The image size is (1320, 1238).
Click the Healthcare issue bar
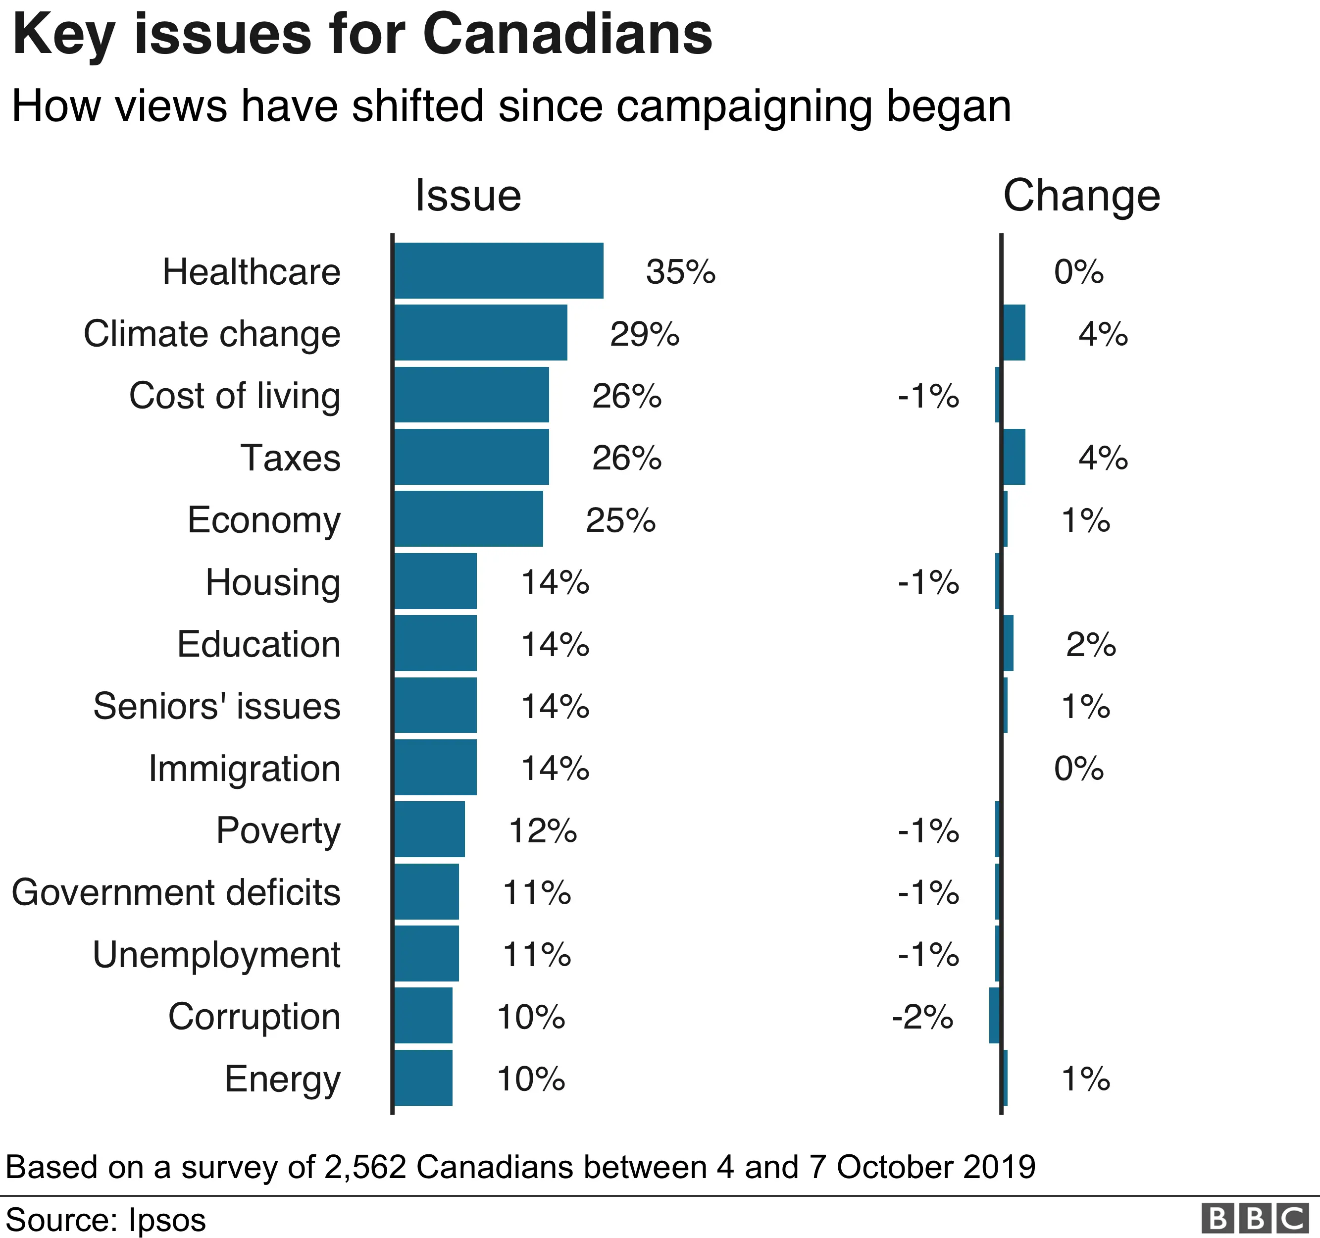tap(499, 270)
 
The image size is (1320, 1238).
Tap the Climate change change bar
tap(1014, 333)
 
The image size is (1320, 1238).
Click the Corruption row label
tap(254, 1017)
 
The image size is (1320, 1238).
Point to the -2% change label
tap(922, 1017)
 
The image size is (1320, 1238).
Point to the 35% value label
tap(681, 272)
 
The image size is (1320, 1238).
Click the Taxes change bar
tap(1014, 457)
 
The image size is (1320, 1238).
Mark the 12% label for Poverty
tap(543, 830)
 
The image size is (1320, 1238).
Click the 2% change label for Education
tap(1091, 644)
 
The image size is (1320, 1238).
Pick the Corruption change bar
tap(995, 1016)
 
